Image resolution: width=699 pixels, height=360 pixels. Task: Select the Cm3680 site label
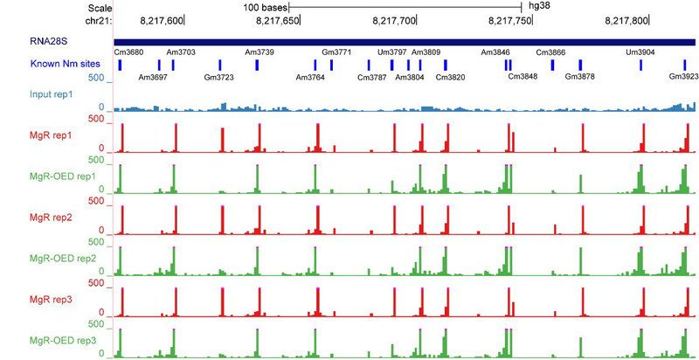coord(128,53)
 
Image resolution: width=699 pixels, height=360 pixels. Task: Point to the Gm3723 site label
coord(218,78)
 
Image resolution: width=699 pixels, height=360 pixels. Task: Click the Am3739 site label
coord(260,53)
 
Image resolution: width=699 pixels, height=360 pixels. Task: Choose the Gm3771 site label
coord(336,53)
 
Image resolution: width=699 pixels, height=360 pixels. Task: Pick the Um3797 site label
coord(392,53)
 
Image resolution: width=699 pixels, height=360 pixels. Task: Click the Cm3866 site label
coord(550,53)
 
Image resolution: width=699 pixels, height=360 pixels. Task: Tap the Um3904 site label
coord(640,53)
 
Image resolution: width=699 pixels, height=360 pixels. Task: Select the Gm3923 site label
coord(683,78)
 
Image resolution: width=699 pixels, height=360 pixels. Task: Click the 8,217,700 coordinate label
coord(394,19)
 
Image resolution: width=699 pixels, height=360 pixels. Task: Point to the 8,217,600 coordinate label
coord(162,19)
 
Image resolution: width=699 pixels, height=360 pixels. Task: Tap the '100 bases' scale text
coord(268,6)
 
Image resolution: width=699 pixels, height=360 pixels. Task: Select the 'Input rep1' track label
coord(30,93)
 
